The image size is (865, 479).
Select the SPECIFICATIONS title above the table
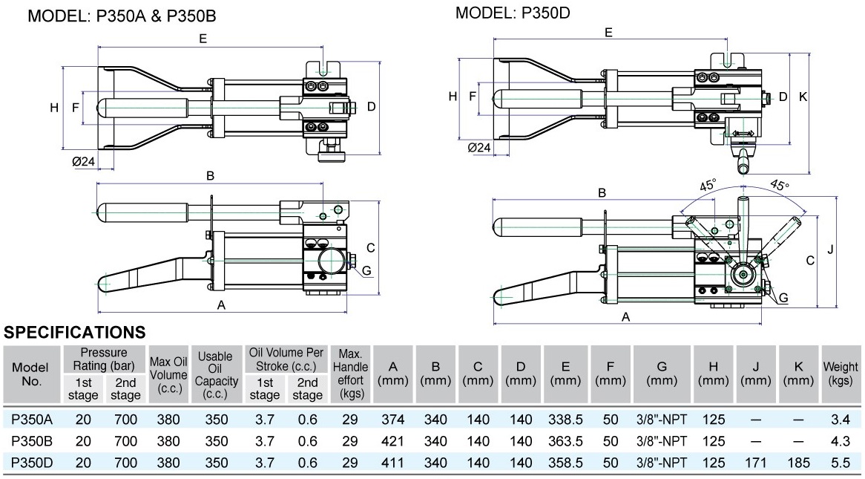tap(75, 332)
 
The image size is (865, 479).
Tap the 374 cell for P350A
tap(393, 420)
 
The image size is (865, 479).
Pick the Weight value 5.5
tap(840, 462)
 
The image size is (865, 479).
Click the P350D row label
tap(31, 462)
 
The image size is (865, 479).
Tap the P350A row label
tap(31, 420)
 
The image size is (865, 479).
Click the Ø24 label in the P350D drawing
tap(479, 147)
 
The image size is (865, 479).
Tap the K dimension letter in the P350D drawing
tap(803, 97)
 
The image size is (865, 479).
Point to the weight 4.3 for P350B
tap(840, 441)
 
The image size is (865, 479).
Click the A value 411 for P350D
tap(393, 462)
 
